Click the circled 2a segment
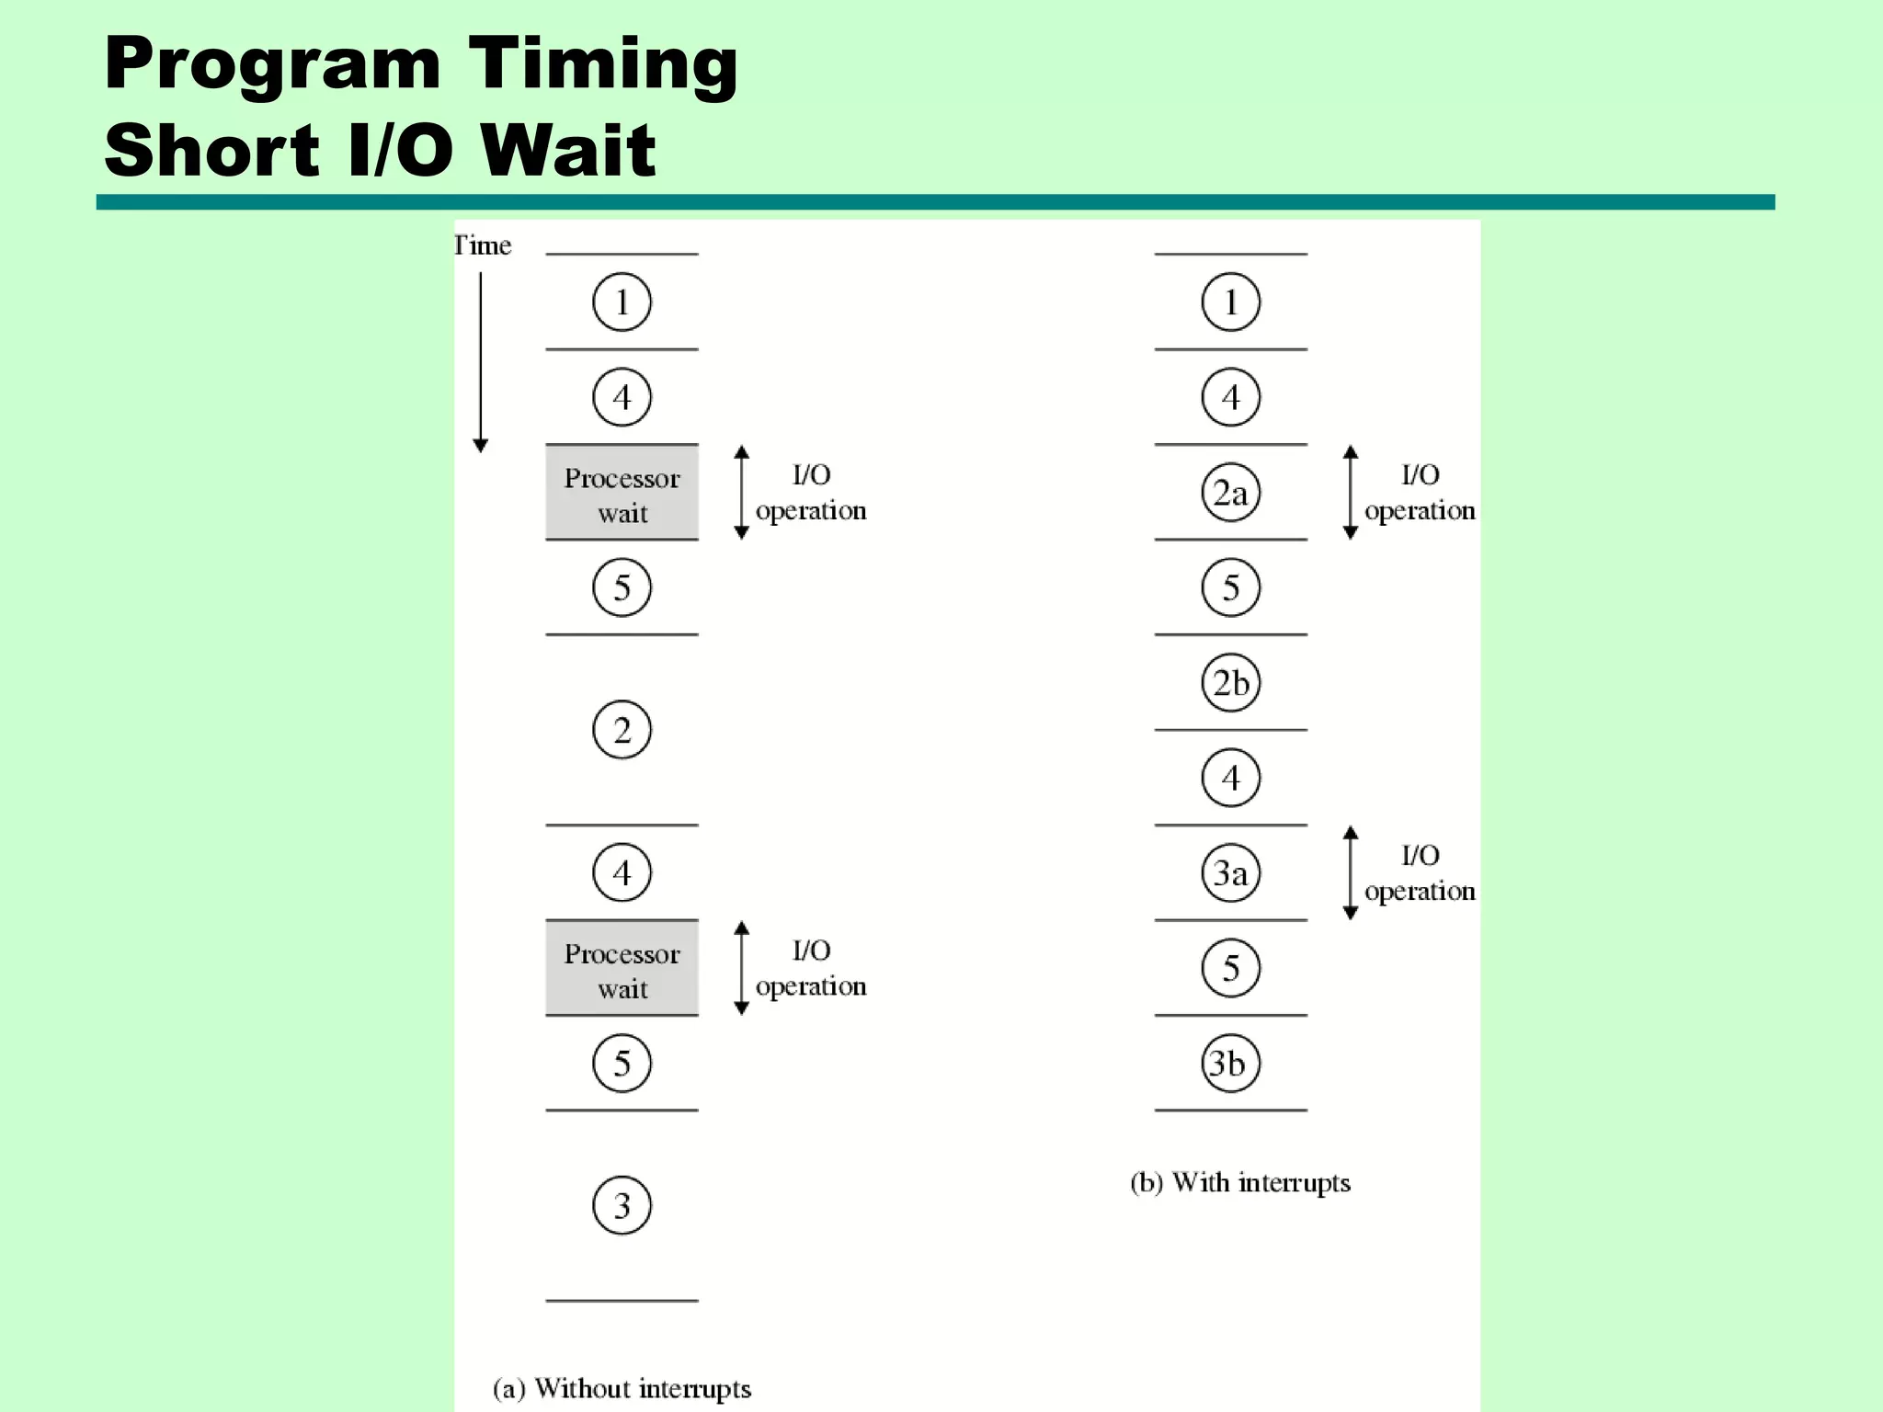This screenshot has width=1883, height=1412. click(1230, 493)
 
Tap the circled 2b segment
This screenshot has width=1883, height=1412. click(1230, 683)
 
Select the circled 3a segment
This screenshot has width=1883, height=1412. click(1230, 872)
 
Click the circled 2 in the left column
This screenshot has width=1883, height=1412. click(622, 730)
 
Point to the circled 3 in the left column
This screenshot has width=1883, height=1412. click(622, 1205)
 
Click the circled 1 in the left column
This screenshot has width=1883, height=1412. click(622, 302)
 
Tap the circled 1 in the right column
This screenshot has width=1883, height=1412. click(1230, 302)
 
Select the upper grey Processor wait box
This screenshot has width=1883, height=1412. click(622, 493)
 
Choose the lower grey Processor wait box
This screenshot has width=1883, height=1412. click(622, 968)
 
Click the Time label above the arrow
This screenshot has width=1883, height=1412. click(483, 245)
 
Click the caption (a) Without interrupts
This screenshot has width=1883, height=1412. click(622, 1388)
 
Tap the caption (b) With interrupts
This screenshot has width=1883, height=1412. click(1240, 1182)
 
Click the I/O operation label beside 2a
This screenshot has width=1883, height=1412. click(1419, 493)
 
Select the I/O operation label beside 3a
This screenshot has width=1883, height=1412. click(1419, 873)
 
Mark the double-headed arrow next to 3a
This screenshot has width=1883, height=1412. click(1350, 872)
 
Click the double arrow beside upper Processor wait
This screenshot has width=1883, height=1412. click(741, 493)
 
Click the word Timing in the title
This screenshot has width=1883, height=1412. click(603, 64)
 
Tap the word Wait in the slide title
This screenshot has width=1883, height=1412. click(568, 150)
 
